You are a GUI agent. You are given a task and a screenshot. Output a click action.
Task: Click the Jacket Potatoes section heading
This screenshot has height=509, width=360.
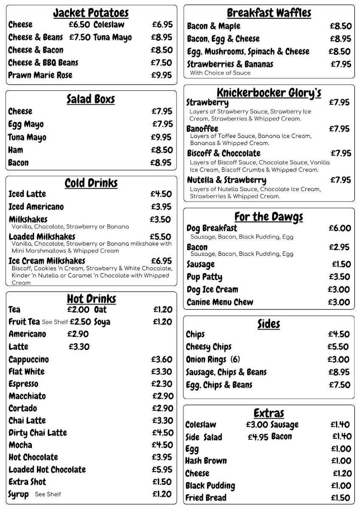point(91,13)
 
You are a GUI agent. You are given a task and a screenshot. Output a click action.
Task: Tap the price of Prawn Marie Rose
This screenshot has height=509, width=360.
point(162,76)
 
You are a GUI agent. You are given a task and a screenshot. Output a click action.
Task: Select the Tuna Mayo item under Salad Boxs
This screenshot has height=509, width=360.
point(27,137)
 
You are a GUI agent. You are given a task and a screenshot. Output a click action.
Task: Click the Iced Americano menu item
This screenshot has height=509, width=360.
point(36,207)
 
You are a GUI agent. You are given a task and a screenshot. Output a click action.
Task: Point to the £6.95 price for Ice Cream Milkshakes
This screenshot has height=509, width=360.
point(162,261)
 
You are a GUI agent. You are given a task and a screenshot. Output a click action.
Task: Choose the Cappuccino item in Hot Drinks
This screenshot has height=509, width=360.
point(28,360)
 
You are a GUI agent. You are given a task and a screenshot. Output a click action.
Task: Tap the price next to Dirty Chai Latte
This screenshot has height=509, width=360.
point(163,433)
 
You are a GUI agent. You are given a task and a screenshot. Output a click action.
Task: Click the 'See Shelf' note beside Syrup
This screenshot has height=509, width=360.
point(48,494)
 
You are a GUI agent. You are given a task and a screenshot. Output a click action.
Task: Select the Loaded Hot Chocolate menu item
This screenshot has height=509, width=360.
point(47,470)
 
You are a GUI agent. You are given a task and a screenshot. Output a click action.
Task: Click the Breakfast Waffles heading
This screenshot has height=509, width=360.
point(269,13)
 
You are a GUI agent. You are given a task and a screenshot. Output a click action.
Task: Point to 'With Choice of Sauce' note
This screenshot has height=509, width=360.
point(220,73)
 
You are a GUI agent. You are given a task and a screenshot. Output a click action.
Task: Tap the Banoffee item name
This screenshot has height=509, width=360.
point(202,129)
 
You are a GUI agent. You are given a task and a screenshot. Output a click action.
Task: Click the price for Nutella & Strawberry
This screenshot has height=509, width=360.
point(340,180)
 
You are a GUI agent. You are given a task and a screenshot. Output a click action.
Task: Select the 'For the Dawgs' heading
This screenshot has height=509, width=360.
point(269,217)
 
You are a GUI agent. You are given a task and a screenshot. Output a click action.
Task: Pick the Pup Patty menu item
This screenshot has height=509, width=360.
point(204,277)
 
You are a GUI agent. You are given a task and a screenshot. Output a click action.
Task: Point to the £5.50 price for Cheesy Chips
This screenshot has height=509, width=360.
point(339,347)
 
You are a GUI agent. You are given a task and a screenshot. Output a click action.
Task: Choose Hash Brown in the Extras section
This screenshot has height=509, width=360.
point(206,461)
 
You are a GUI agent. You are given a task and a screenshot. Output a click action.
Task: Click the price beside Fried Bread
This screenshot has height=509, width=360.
point(340,498)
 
